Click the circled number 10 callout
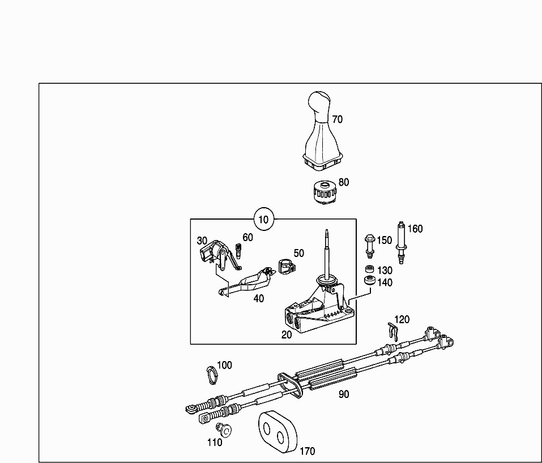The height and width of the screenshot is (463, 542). (264, 219)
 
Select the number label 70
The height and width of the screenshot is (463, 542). (338, 119)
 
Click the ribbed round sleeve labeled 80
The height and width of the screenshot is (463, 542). (325, 192)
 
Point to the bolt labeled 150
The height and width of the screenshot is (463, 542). (369, 246)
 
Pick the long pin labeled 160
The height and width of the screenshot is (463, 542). (402, 243)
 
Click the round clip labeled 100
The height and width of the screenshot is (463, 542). (212, 375)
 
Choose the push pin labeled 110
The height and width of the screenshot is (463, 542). (224, 430)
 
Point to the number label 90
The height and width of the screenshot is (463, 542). (344, 395)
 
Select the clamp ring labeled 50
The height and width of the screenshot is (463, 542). (287, 266)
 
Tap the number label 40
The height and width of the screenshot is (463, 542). (259, 298)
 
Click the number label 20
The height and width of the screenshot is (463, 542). (287, 335)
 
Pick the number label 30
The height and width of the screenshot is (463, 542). (202, 241)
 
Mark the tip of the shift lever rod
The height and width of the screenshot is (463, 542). (326, 230)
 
